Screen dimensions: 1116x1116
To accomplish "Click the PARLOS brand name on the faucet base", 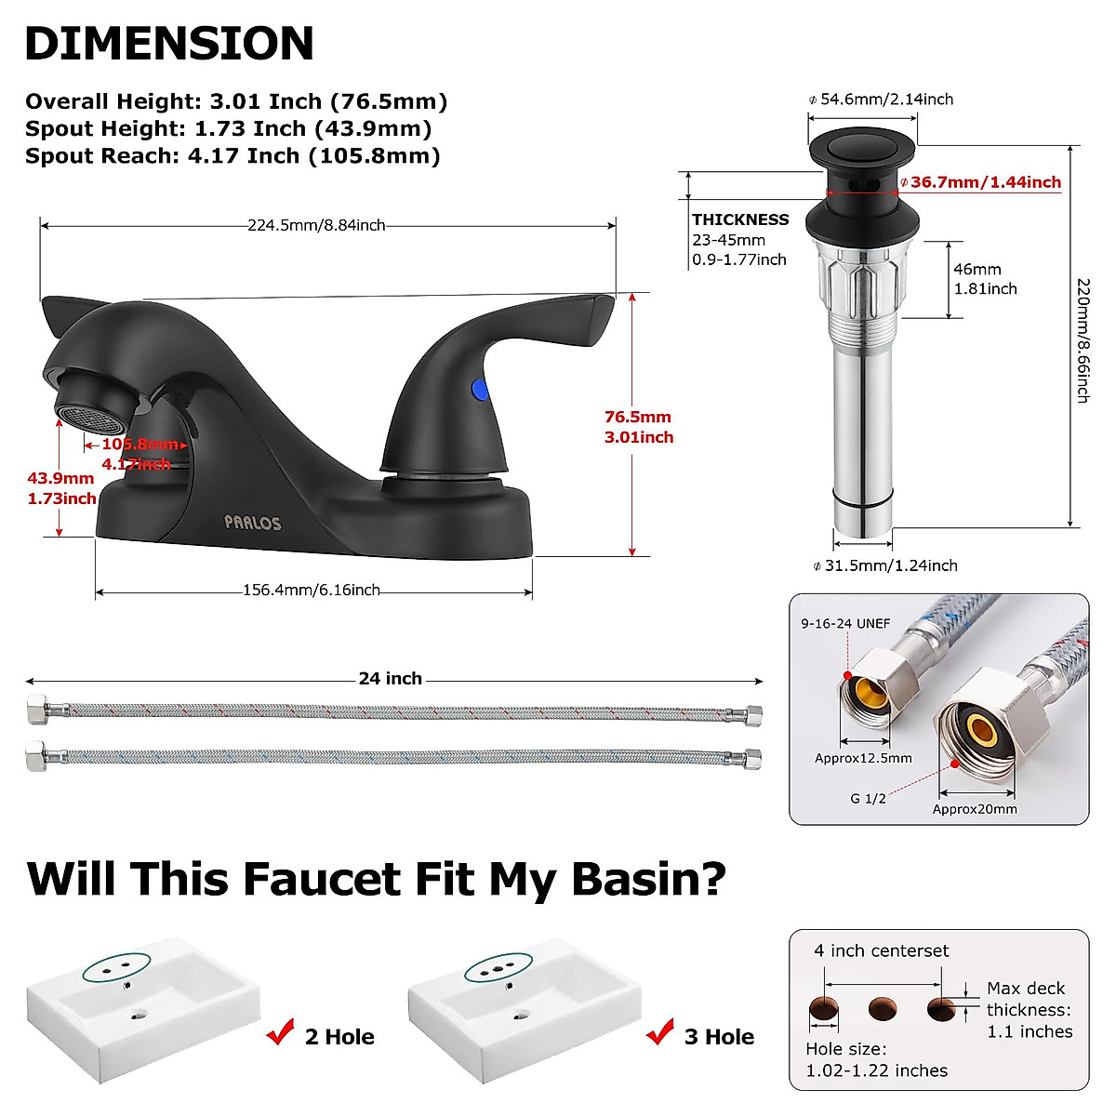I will coord(252,523).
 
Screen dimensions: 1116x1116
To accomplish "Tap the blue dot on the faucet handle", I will coord(480,389).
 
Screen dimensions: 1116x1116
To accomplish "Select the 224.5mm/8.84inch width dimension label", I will coord(316,225).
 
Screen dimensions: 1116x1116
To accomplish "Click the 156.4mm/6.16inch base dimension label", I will coord(312,590).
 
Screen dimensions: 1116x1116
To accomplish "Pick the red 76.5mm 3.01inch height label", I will coord(638,427).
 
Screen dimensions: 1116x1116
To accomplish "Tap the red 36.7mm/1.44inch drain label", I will coord(985,182).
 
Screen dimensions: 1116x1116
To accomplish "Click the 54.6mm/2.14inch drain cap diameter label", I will coord(885,100).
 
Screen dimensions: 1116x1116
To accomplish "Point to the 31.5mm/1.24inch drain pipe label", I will coord(890,565).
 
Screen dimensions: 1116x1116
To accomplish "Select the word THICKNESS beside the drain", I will coord(740,219).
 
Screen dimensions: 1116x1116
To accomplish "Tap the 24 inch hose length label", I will coord(391,679).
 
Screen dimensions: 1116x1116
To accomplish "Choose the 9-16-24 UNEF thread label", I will coord(845,624).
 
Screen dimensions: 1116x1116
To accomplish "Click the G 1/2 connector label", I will coord(868,798).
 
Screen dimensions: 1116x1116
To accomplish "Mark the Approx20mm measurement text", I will coord(975,809).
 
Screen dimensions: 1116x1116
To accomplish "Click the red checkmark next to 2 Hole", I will coord(280,1032).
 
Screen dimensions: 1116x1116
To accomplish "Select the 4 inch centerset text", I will coord(882,950).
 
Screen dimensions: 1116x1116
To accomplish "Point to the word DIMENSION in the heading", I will coord(169,44).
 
